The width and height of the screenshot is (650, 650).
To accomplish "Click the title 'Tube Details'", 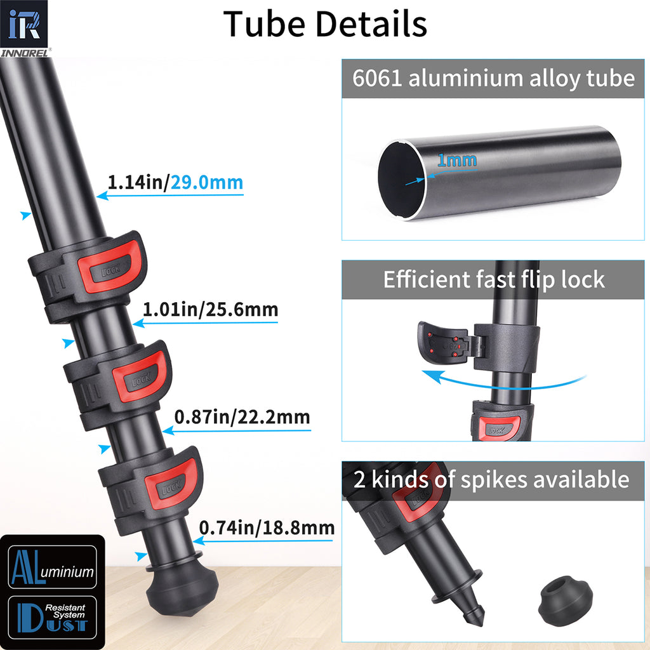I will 325,24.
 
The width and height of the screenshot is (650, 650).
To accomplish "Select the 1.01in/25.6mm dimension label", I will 210,310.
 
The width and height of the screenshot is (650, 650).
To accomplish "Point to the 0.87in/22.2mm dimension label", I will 242,418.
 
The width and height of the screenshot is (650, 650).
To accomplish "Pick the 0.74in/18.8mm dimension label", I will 267,527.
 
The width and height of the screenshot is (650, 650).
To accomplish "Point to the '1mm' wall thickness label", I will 457,160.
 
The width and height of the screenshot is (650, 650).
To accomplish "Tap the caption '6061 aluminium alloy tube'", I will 493,79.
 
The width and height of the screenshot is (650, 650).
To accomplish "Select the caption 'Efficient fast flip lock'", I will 493,279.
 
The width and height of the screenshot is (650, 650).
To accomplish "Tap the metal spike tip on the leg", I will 472,613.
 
